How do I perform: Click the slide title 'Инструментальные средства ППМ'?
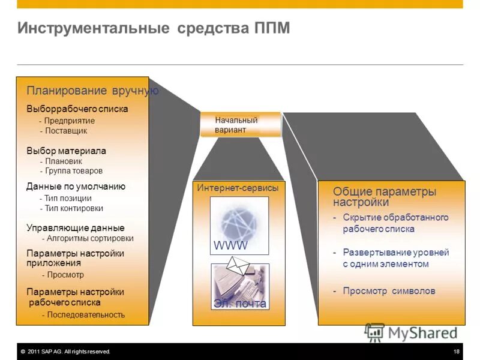pos(154,28)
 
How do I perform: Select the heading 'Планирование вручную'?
pos(92,91)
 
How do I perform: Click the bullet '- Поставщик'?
pos(64,130)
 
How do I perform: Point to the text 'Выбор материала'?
pos(66,151)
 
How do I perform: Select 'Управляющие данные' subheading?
pos(76,228)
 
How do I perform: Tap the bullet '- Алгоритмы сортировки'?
pos(91,238)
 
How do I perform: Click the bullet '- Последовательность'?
pos(83,314)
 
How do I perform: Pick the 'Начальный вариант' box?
pos(240,125)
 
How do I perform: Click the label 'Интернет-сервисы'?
pos(238,188)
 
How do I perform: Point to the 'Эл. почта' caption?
pos(239,304)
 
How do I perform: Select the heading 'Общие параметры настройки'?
pos(384,196)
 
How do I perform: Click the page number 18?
pos(457,352)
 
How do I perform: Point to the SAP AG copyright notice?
pos(65,352)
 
